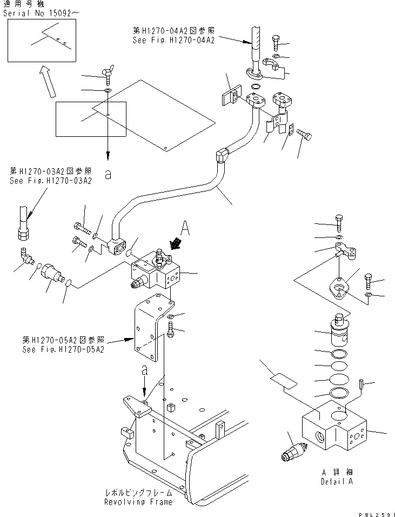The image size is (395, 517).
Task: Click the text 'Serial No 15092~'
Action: pos(35,11)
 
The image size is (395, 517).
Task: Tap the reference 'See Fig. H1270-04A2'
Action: pos(173,40)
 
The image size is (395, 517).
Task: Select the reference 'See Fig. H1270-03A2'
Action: pos(50,181)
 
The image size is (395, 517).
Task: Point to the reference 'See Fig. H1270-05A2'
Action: pos(63,349)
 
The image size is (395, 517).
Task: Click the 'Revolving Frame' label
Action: pos(139,502)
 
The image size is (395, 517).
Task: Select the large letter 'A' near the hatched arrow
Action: pos(185,229)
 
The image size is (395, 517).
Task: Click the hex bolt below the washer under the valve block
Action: pos(171,329)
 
